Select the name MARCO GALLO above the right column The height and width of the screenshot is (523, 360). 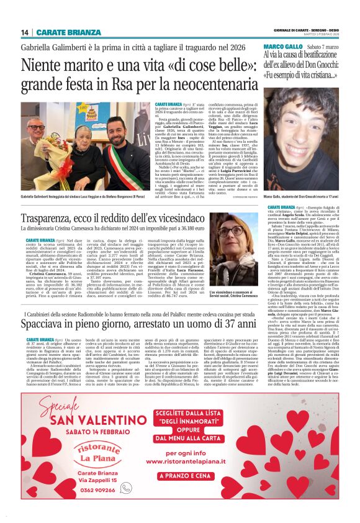pos(284,47)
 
